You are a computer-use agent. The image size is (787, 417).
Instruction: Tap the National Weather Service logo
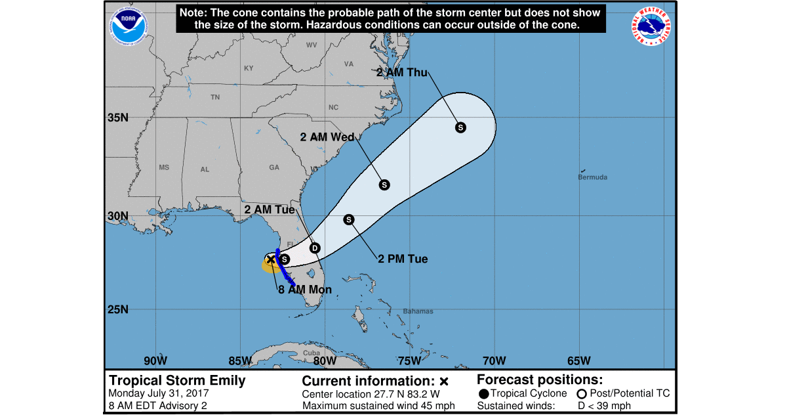click(653, 26)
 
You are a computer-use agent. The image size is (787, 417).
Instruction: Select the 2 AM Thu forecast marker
click(460, 127)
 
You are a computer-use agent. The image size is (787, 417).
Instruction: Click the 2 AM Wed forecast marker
click(384, 185)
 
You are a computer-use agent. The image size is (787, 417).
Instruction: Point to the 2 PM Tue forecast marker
click(349, 219)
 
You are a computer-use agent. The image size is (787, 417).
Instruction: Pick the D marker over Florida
click(315, 248)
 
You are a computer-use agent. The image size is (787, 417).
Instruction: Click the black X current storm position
click(271, 259)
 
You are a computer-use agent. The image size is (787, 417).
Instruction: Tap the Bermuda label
click(592, 177)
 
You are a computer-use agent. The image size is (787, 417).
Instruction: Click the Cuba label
click(312, 353)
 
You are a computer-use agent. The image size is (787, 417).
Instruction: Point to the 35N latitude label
click(117, 118)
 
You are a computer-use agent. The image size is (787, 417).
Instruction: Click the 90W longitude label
click(155, 361)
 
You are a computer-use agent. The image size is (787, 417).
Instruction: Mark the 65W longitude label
click(578, 361)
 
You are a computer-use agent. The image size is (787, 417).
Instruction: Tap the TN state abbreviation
click(215, 97)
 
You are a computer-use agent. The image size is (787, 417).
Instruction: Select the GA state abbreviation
click(274, 167)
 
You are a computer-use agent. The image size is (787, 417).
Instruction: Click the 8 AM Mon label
click(305, 290)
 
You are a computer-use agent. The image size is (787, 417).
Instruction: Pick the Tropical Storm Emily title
click(177, 380)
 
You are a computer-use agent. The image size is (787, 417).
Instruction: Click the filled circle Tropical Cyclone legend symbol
click(484, 393)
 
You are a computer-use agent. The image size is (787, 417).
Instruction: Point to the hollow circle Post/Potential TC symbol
click(581, 393)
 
